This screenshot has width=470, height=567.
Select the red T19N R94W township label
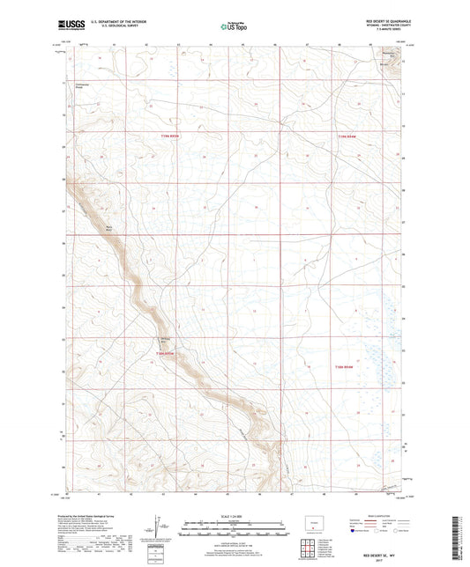tap(349, 136)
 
